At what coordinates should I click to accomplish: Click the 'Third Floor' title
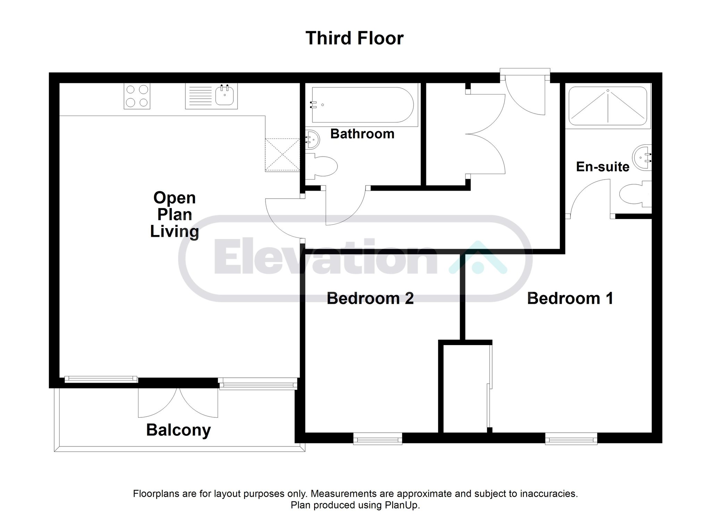(x=354, y=38)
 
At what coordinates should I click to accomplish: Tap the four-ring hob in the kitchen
(x=137, y=96)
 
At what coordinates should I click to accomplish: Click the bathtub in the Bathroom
(x=363, y=105)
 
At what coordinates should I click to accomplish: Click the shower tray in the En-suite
(x=608, y=106)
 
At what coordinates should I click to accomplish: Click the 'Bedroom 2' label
(x=370, y=298)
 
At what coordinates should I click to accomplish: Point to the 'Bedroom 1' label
(x=570, y=298)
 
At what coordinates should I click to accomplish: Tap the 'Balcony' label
(x=178, y=430)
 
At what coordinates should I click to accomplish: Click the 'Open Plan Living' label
(x=175, y=215)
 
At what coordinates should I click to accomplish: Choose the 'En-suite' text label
(x=603, y=167)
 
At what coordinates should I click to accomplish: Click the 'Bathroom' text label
(x=362, y=134)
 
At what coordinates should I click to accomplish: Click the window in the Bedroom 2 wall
(x=378, y=439)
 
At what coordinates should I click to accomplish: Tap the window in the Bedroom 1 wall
(x=571, y=439)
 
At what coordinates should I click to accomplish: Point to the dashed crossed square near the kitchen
(x=282, y=155)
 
